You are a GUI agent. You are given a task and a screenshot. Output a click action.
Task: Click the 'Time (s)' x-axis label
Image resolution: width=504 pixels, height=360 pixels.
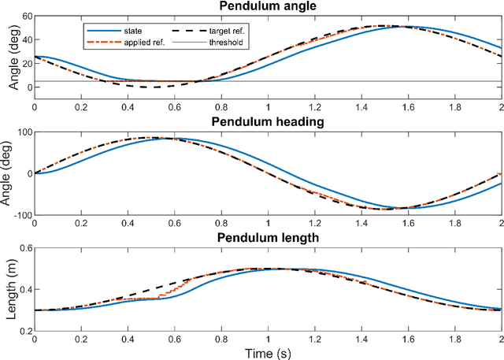[x=268, y=352]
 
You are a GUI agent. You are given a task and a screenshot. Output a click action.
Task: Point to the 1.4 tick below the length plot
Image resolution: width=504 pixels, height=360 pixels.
[x=361, y=339]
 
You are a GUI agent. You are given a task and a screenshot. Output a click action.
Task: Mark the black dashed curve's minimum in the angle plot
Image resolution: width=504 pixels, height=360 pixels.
[x=157, y=87]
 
